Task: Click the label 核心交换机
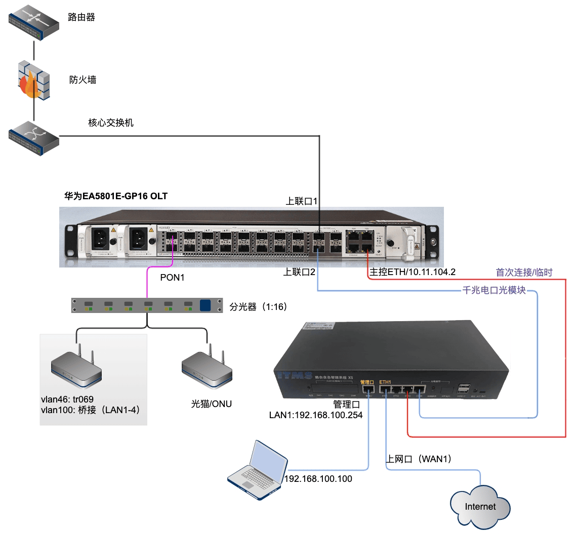(111, 123)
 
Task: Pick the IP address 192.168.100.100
(318, 479)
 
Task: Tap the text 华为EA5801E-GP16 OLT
(115, 196)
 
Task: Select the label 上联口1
(302, 201)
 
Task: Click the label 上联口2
(299, 272)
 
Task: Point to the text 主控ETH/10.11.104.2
(413, 272)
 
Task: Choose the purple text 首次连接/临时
(524, 273)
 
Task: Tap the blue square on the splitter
(206, 305)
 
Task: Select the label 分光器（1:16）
(259, 306)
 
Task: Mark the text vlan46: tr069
(67, 399)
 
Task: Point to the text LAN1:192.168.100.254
(316, 416)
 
